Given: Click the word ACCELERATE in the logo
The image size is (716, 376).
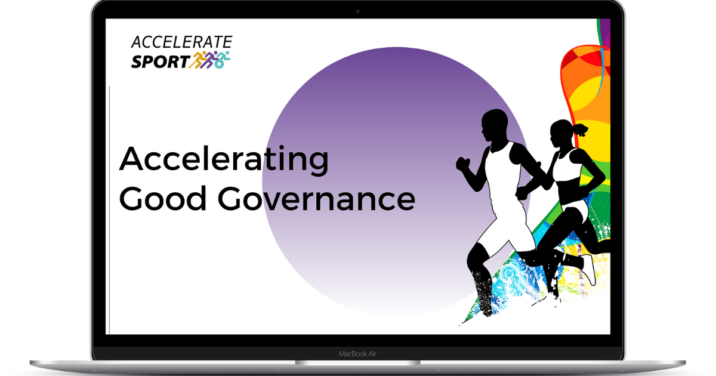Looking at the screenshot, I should coord(181,42).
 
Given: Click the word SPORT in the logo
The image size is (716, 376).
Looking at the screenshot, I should coord(160,61).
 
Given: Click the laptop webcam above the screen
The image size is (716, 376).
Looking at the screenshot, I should coord(357,11).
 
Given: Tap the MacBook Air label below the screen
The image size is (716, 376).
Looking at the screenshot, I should coord(357,354).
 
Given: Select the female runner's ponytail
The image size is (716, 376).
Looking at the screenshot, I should coord(580,128).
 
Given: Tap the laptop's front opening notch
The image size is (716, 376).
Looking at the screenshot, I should coord(357,362).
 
